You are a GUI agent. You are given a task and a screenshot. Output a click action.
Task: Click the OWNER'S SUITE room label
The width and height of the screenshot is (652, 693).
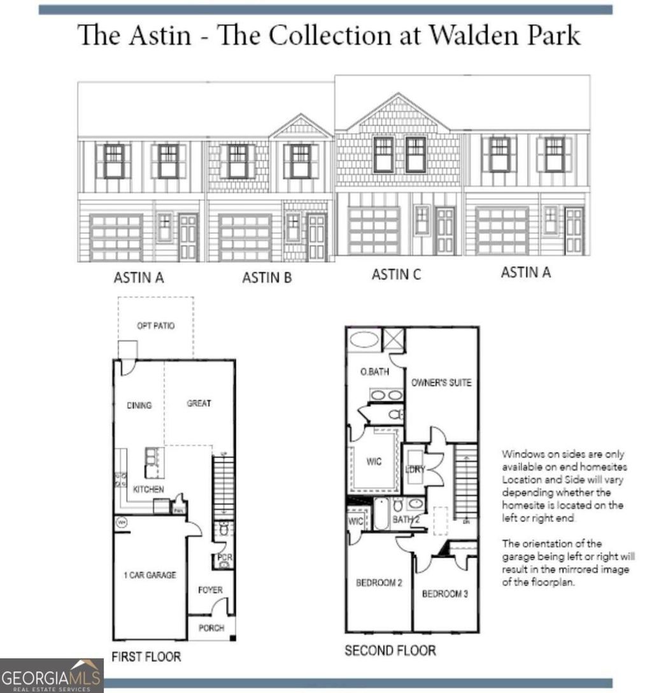click(441, 383)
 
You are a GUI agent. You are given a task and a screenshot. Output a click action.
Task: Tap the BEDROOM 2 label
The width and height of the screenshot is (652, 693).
click(378, 583)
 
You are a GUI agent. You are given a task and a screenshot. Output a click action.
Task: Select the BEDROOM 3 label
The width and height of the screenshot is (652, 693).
click(445, 594)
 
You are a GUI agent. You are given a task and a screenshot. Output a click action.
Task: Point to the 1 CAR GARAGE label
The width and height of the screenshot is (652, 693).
click(150, 575)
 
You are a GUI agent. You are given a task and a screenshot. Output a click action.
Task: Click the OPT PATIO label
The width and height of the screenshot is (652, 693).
click(155, 325)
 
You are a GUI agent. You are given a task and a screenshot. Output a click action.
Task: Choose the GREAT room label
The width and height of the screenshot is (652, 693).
click(199, 403)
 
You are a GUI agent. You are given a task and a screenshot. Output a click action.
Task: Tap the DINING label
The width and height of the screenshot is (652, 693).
click(139, 405)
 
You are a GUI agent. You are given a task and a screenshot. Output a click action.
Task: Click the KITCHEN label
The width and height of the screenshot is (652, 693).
click(148, 489)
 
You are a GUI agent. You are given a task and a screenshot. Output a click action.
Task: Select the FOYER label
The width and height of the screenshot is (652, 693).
click(210, 590)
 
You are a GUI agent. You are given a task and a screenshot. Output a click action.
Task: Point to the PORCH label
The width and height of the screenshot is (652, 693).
click(211, 628)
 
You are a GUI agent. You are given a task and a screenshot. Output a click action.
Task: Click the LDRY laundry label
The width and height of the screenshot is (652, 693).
click(414, 470)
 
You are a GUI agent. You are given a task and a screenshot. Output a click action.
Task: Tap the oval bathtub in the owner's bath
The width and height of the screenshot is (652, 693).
click(364, 339)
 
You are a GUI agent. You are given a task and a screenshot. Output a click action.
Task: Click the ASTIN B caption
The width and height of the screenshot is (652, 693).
click(266, 278)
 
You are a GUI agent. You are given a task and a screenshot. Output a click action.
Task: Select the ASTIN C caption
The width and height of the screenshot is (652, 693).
click(396, 275)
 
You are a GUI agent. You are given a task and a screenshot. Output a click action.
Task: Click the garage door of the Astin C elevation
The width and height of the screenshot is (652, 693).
click(374, 231)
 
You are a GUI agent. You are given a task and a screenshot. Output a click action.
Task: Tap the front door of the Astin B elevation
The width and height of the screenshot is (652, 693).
click(316, 237)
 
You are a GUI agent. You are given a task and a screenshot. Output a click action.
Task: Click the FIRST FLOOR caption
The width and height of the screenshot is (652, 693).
click(146, 656)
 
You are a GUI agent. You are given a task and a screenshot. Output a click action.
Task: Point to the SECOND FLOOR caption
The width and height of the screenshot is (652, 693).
click(390, 650)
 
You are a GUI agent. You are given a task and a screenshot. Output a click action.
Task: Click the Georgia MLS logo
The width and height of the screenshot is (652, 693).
click(52, 676)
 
